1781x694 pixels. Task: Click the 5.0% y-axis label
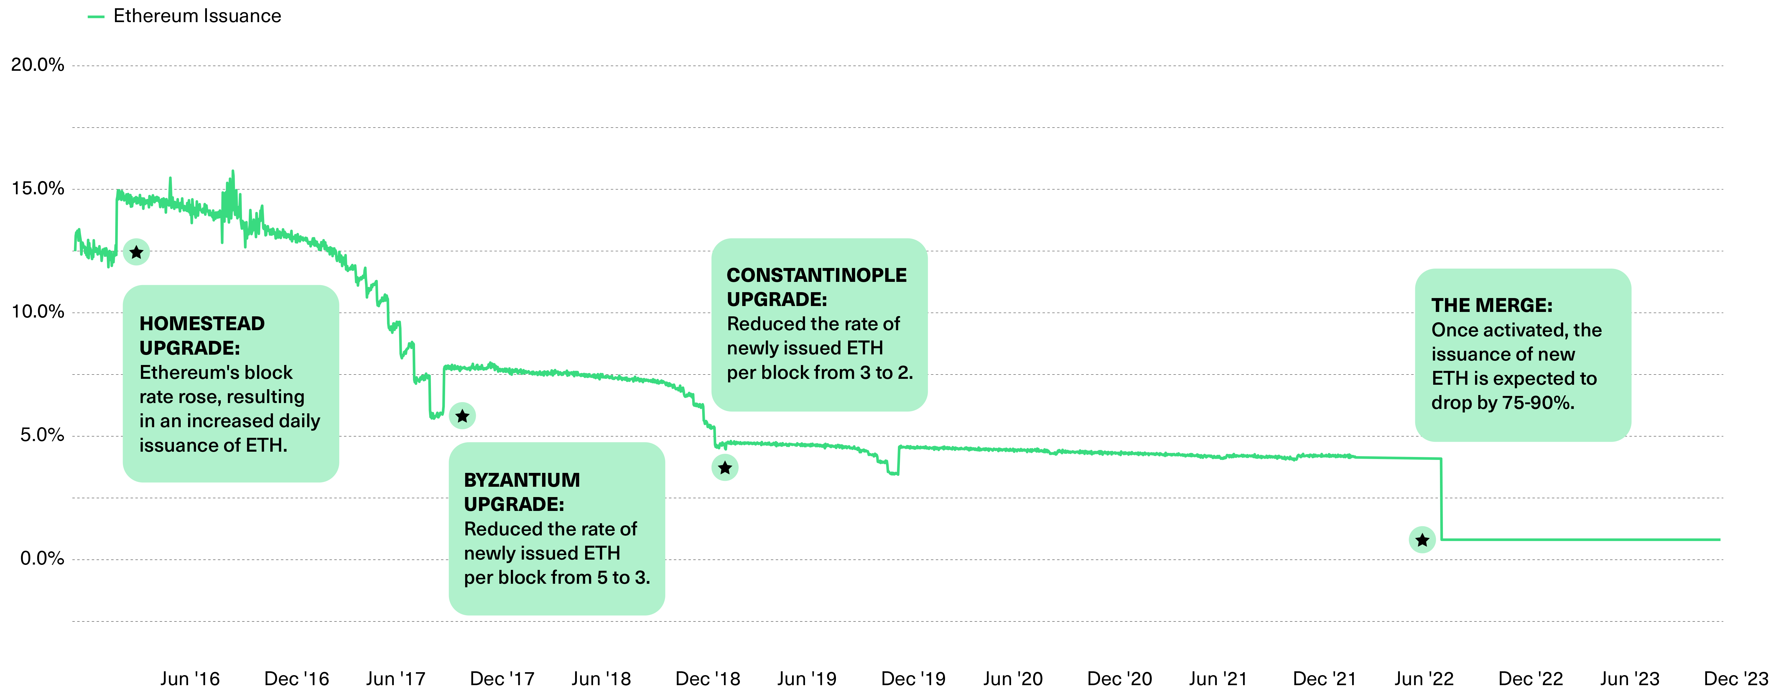coord(42,435)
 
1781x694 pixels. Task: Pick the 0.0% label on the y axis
coord(42,558)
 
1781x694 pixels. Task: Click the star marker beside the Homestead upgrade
coord(136,252)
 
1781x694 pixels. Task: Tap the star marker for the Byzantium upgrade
coord(462,416)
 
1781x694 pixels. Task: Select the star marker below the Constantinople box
coord(725,468)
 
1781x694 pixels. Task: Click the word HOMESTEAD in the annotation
coord(202,323)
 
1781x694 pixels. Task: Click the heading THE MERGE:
coord(1491,305)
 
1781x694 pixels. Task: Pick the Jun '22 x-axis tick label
coord(1423,679)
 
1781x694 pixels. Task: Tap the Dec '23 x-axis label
coord(1735,679)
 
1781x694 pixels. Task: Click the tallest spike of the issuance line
coord(232,171)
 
